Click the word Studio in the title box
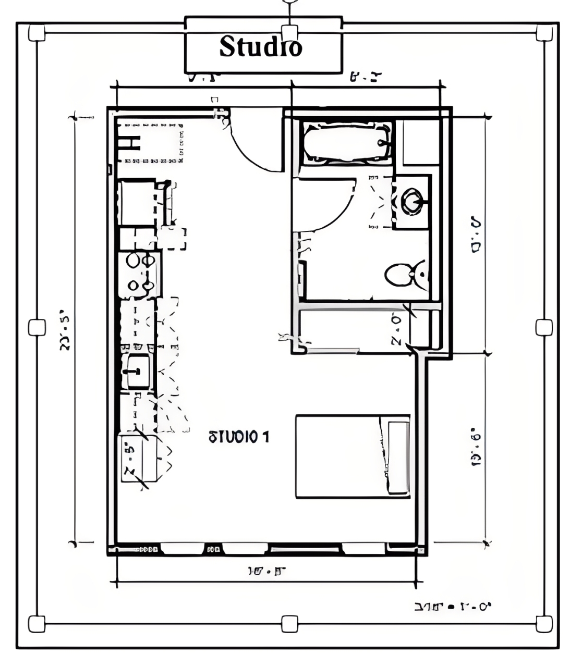click(x=260, y=46)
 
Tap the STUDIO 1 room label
click(x=239, y=437)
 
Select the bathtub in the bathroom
click(x=347, y=142)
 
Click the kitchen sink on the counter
click(x=138, y=370)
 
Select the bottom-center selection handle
click(x=289, y=623)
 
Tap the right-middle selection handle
click(x=544, y=327)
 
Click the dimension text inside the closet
click(x=396, y=330)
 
